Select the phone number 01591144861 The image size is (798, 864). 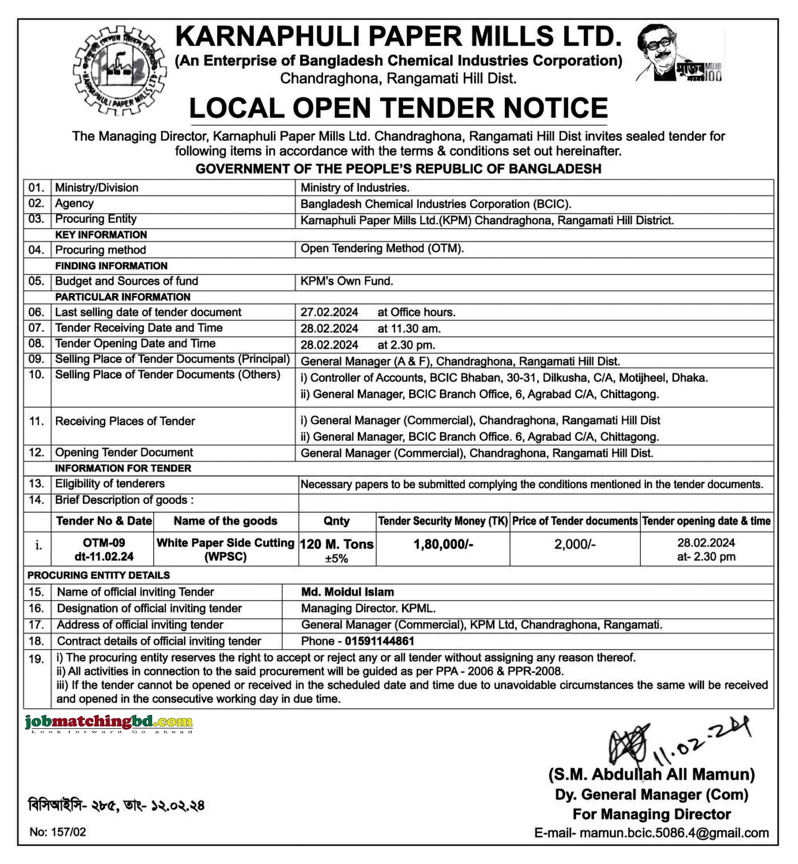click(379, 641)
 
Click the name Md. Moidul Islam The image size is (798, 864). click(347, 592)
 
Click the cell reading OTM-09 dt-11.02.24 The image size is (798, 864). click(104, 549)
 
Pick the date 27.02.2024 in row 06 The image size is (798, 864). click(329, 312)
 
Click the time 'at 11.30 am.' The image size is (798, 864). click(409, 328)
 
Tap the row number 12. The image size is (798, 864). click(37, 452)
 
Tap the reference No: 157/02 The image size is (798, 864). click(58, 832)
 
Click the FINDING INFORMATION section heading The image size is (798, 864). click(111, 266)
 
